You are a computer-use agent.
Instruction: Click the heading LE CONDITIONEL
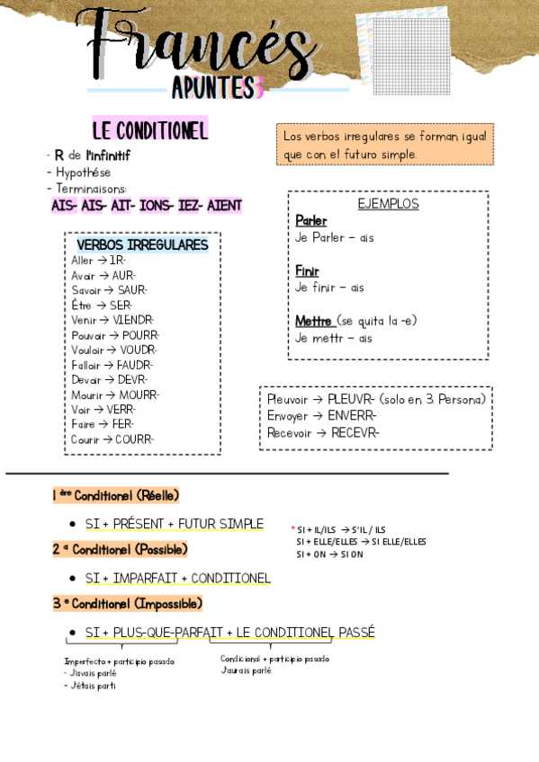click(149, 130)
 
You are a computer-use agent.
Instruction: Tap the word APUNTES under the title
click(212, 87)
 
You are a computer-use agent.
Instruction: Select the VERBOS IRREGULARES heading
click(142, 244)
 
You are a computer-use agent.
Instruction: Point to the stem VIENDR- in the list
click(134, 319)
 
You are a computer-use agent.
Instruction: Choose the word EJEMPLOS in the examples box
click(388, 204)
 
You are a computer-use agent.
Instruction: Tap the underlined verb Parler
click(310, 220)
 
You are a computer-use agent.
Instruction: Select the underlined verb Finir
click(307, 270)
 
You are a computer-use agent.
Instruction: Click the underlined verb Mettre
click(314, 321)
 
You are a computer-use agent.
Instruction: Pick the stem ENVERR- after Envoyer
click(353, 415)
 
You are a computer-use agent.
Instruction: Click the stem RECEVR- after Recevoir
click(355, 432)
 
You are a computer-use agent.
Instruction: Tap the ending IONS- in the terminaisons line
click(156, 206)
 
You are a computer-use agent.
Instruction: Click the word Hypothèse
click(83, 172)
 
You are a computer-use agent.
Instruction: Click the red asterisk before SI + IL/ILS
click(292, 529)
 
